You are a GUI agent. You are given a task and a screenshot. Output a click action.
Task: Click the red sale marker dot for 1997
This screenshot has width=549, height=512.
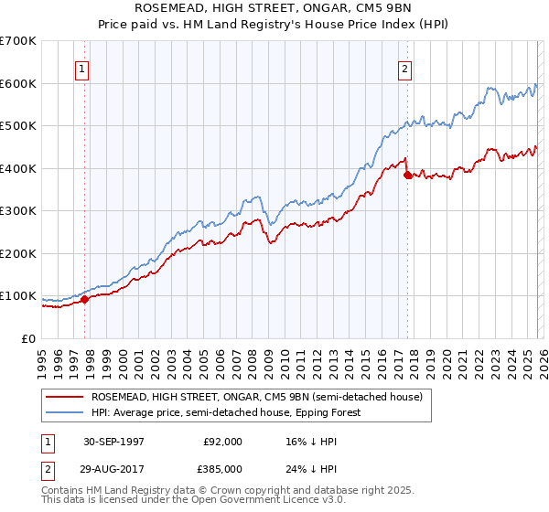85,299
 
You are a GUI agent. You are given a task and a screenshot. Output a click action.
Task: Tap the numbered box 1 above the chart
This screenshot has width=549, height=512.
82,68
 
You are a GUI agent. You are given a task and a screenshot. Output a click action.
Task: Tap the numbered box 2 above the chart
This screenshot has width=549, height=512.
404,68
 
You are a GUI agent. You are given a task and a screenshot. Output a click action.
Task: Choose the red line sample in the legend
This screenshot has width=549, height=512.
66,398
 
